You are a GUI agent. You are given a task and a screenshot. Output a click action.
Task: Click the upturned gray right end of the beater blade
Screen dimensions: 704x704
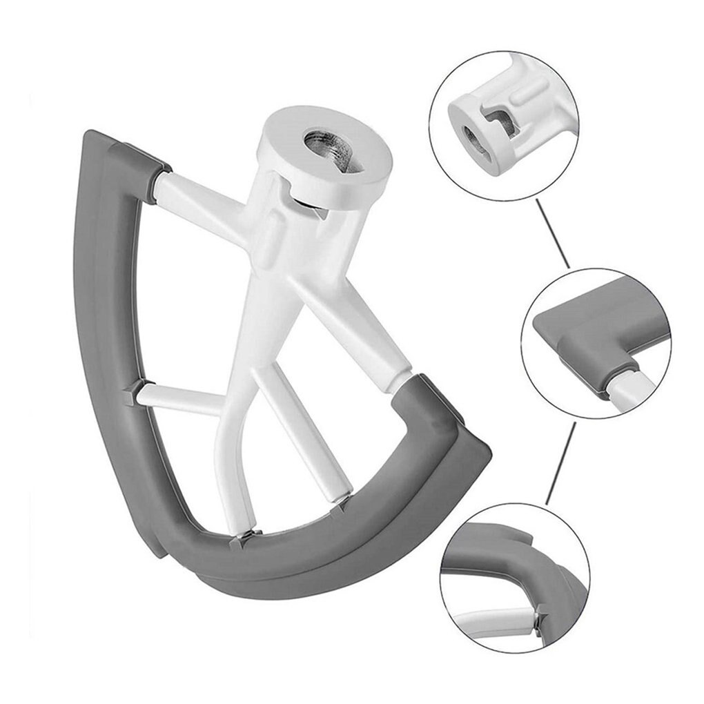pos(442,414)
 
